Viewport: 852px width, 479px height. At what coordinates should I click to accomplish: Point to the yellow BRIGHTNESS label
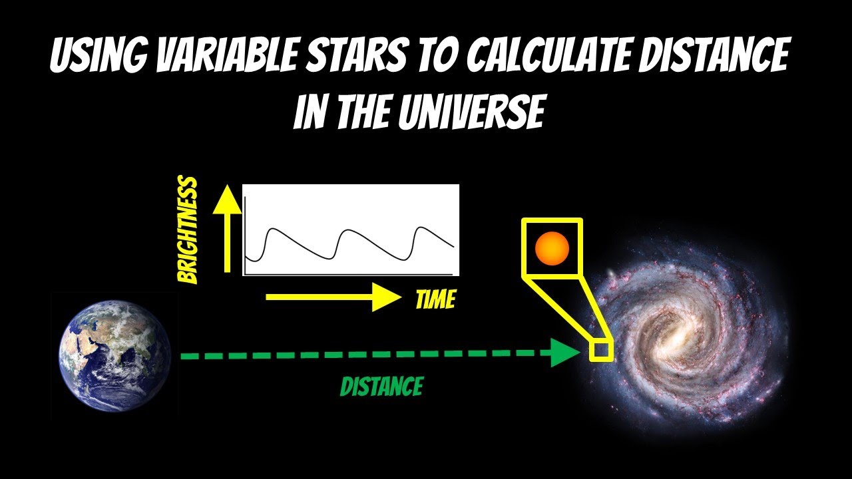pyautogui.click(x=189, y=230)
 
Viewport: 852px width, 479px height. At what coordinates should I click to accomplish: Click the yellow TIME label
pyautogui.click(x=435, y=300)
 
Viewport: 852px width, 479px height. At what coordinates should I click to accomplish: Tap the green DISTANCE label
pyautogui.click(x=381, y=387)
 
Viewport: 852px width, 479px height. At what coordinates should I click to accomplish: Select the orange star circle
pyautogui.click(x=552, y=248)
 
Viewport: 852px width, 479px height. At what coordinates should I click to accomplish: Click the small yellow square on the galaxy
pyautogui.click(x=602, y=351)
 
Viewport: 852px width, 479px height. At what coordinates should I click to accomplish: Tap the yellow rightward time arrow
pyautogui.click(x=333, y=297)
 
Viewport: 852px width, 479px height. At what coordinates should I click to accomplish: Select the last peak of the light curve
pyautogui.click(x=420, y=228)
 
